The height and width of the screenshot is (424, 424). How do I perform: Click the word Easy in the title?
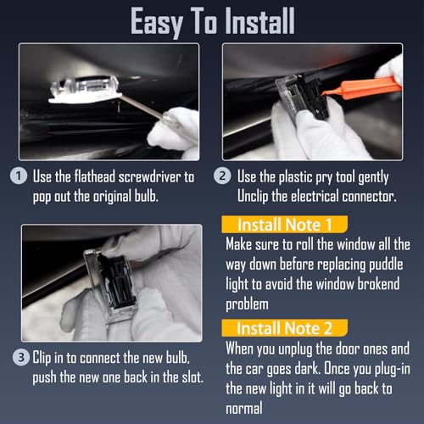click(157, 23)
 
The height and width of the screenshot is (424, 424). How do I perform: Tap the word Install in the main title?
click(260, 20)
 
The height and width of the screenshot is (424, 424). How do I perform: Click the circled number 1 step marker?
click(19, 176)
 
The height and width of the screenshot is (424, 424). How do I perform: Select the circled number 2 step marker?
click(222, 176)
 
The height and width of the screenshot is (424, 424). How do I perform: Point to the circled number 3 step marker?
click(21, 357)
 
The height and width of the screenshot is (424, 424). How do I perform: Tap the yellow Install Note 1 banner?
click(285, 225)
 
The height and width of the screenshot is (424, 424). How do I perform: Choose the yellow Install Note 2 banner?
click(285, 328)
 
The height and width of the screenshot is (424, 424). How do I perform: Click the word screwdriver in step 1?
click(149, 177)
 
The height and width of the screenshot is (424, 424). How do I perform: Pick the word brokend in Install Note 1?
click(378, 284)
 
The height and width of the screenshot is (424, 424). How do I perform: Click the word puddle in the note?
click(386, 265)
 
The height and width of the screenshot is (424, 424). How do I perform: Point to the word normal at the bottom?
click(244, 408)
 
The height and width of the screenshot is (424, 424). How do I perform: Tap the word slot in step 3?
click(192, 377)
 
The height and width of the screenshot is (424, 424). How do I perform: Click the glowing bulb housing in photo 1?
click(85, 90)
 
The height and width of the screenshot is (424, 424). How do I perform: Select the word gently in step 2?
click(373, 177)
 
